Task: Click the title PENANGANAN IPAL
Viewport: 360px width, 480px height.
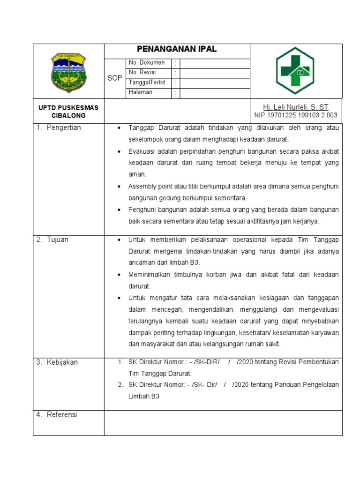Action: (x=177, y=49)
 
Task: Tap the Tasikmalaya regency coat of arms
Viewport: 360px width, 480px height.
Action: (x=69, y=72)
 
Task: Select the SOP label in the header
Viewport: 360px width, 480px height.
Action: (x=115, y=78)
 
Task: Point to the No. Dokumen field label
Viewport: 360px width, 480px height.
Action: (x=147, y=63)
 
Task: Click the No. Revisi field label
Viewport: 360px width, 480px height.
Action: (x=142, y=73)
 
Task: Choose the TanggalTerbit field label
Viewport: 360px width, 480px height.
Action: (x=147, y=82)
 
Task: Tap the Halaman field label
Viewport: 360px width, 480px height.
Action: (x=140, y=92)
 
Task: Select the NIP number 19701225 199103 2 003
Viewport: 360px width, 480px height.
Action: (x=295, y=115)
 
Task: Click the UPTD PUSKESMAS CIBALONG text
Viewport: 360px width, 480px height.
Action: (x=68, y=111)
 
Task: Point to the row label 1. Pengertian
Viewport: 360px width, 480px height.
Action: (x=59, y=128)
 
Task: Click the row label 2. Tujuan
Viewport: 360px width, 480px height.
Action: (x=53, y=240)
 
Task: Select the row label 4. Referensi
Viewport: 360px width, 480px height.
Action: (x=57, y=415)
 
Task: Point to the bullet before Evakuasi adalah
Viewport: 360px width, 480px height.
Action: (x=119, y=151)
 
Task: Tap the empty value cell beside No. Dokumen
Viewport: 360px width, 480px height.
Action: (x=214, y=63)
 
